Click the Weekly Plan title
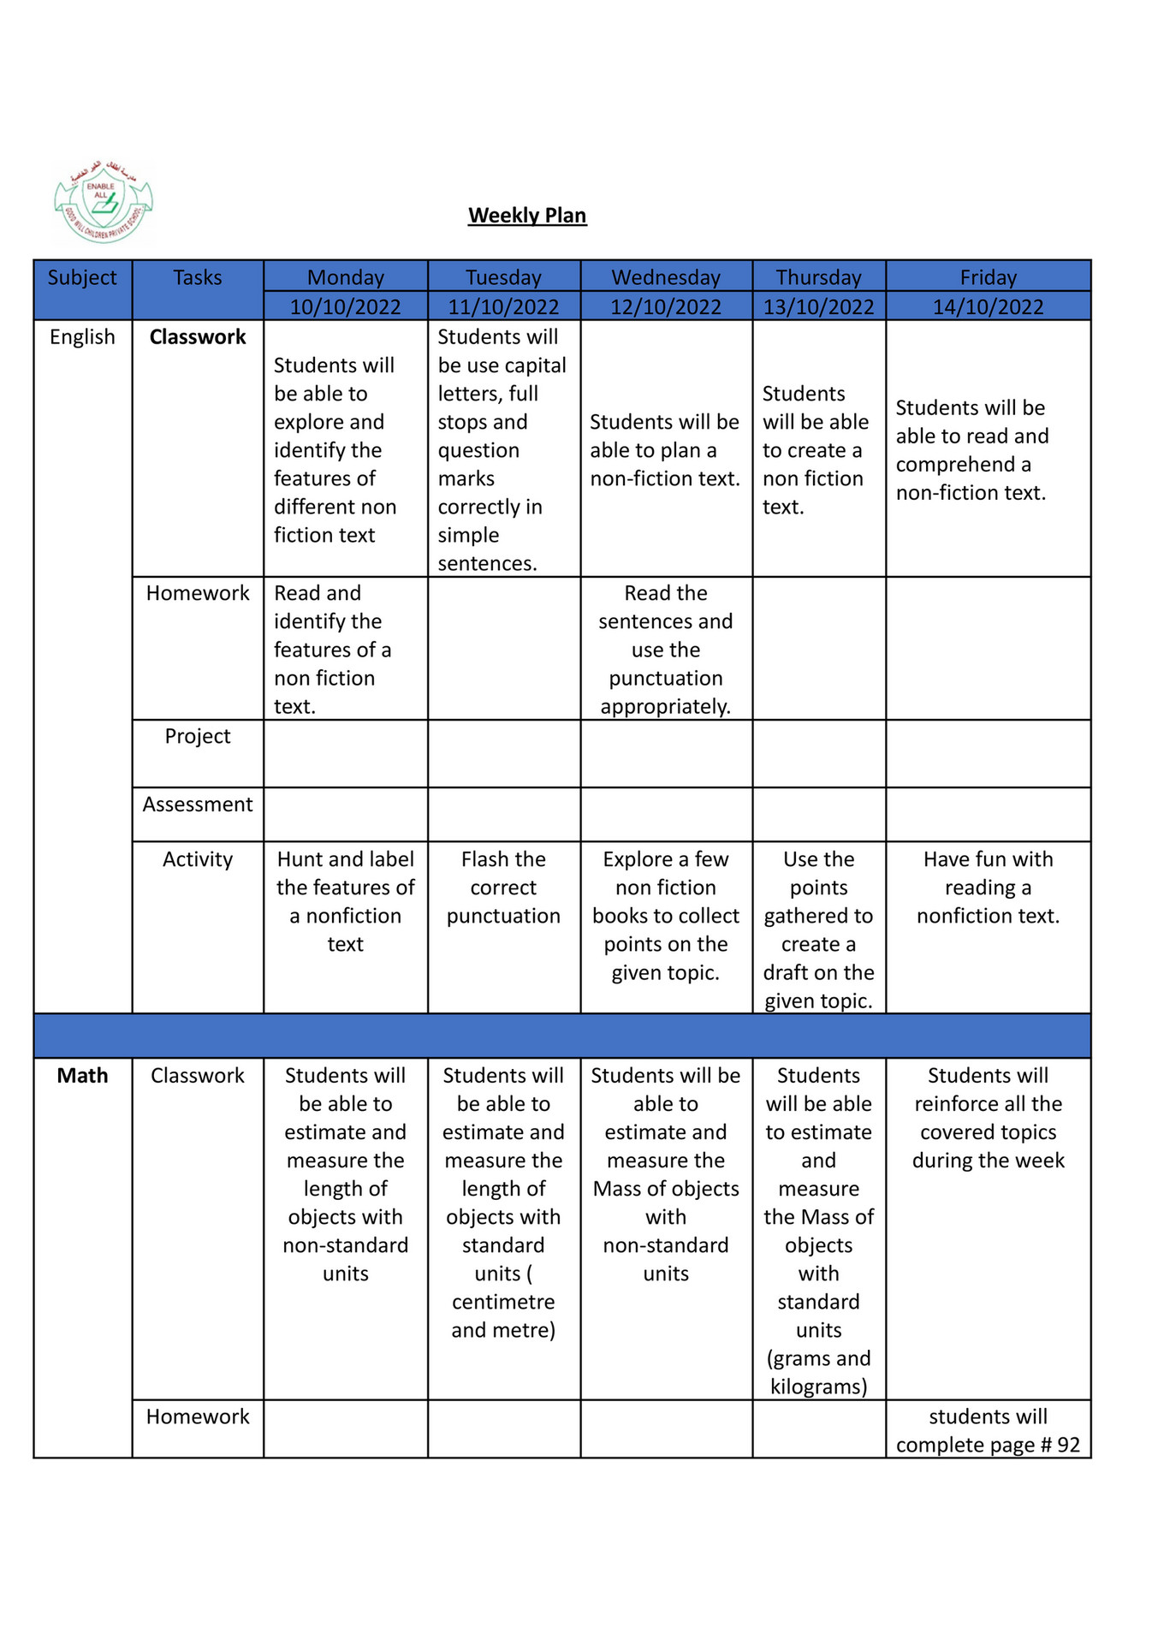pos(527,216)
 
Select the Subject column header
pos(82,278)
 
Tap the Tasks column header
pos(198,278)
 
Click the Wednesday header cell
pos(666,277)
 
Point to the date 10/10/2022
pos(345,306)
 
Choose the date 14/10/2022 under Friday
pos(988,306)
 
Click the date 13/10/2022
pos(818,306)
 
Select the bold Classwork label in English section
pos(198,337)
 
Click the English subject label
pos(82,337)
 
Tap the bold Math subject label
pos(82,1076)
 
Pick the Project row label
pos(198,736)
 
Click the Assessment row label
pos(198,805)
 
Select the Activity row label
pos(198,859)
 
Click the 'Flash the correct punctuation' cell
pos(503,888)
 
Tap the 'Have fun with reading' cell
pos(988,888)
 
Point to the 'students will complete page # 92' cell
pos(988,1431)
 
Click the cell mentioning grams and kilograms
pos(818,1231)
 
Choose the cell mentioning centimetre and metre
pos(503,1202)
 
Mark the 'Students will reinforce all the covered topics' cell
pos(988,1118)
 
